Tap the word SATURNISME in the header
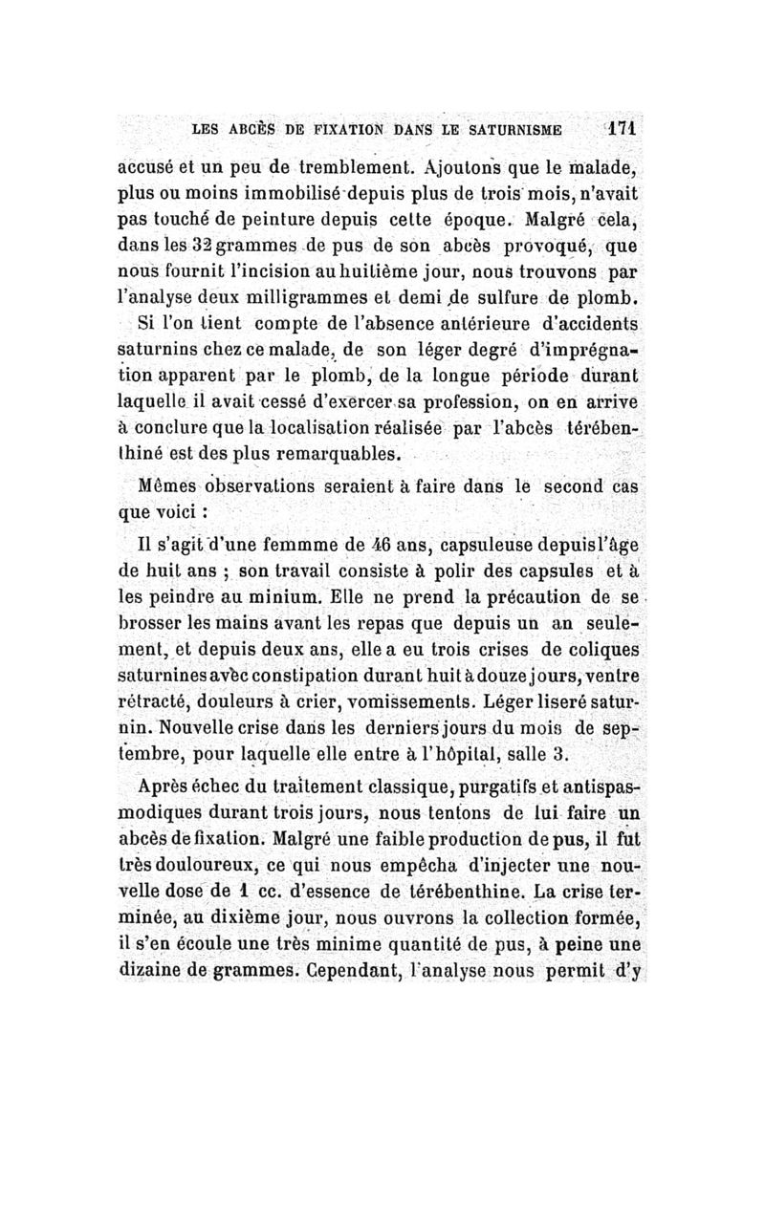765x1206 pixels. pyautogui.click(x=510, y=127)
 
